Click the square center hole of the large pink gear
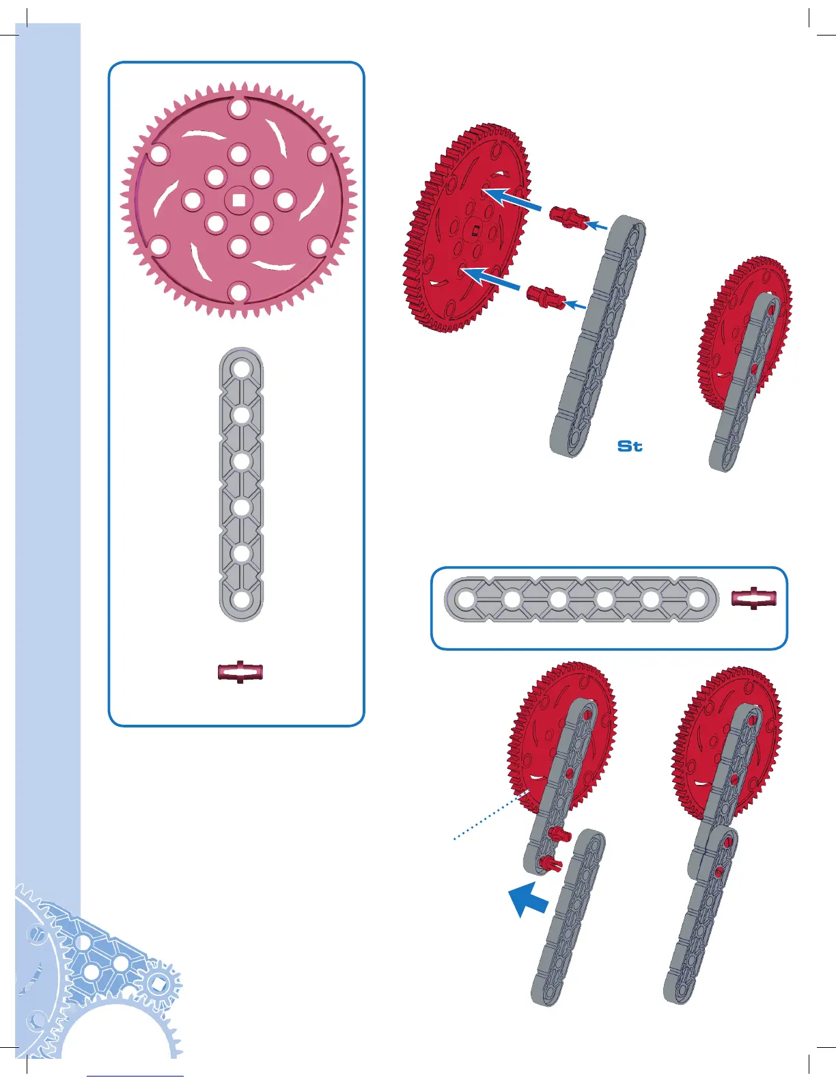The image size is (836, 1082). click(238, 200)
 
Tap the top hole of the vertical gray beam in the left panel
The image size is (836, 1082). click(241, 370)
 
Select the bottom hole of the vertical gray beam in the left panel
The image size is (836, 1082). click(241, 600)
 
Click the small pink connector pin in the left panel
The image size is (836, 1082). click(240, 672)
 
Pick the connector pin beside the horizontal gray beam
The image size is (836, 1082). click(754, 598)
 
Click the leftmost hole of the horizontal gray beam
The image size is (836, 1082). click(466, 600)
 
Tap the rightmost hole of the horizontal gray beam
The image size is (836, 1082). click(697, 600)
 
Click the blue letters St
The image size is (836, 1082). click(630, 446)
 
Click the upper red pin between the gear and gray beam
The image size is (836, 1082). click(568, 217)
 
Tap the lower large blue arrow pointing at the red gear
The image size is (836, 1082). click(490, 278)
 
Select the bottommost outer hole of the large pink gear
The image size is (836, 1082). click(238, 292)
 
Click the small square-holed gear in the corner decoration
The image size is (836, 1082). click(158, 984)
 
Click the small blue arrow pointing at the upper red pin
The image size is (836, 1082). click(598, 225)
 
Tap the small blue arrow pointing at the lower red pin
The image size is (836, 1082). click(577, 305)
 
